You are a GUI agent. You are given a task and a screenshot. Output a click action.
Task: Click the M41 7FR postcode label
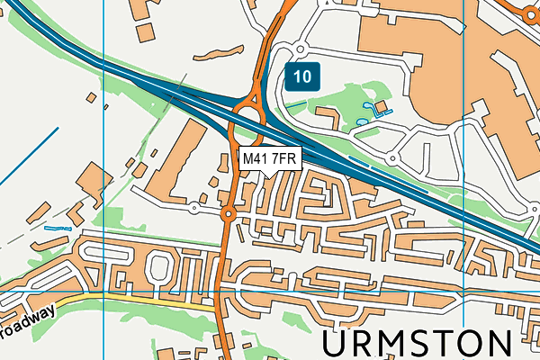tap(269, 159)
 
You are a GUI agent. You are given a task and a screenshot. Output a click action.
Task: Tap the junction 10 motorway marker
tap(303, 76)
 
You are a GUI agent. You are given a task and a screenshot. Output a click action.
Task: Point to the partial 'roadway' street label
tap(27, 323)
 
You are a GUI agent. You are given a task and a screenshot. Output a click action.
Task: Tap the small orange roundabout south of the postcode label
tap(228, 214)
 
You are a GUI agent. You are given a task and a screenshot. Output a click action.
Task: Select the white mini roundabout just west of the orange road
tap(194, 208)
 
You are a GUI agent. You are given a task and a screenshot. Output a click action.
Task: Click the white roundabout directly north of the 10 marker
tap(300, 49)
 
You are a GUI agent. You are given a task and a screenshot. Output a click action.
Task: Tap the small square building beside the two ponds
tap(381, 107)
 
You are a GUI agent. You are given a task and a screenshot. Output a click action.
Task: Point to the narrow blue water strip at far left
tap(56, 229)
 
